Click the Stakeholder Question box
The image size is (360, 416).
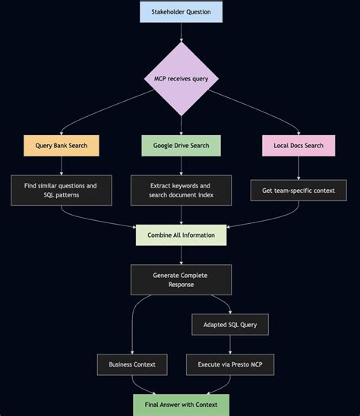tap(181, 11)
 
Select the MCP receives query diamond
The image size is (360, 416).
tap(181, 78)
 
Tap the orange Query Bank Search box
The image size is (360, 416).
tap(61, 145)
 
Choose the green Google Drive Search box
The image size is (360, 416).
tap(181, 145)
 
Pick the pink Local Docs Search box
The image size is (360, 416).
tap(298, 145)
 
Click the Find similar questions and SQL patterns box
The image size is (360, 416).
tap(61, 190)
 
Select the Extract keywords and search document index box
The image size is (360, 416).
tap(181, 190)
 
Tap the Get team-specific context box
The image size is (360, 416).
tap(298, 190)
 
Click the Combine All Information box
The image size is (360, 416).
tap(181, 235)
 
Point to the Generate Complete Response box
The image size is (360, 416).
tap(181, 279)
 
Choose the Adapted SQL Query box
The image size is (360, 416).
tap(229, 324)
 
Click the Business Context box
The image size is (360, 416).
tap(131, 364)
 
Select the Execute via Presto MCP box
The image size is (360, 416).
tap(229, 364)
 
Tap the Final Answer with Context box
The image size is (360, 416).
tap(181, 404)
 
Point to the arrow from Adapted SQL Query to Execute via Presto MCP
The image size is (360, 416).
tap(229, 345)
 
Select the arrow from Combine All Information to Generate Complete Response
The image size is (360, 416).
tap(181, 254)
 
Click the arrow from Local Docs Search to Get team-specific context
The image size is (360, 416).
tap(298, 167)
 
